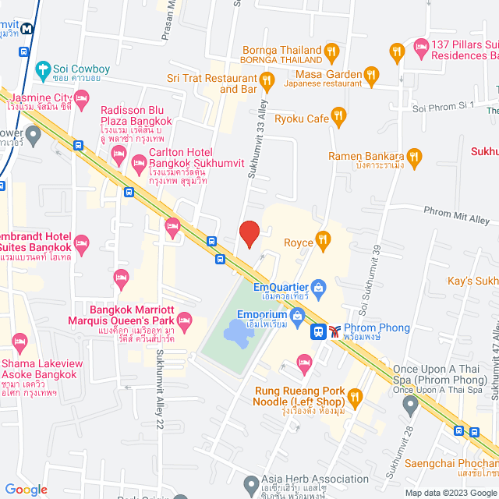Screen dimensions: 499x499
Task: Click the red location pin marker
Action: (x=249, y=233)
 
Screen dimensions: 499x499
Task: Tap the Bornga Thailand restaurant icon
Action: (x=331, y=52)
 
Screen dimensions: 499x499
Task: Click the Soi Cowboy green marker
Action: (x=43, y=69)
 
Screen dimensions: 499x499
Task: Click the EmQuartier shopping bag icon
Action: (x=317, y=288)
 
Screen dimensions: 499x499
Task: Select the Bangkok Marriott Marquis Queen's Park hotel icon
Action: (x=185, y=319)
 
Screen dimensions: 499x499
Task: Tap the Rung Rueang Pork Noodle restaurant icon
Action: (x=356, y=399)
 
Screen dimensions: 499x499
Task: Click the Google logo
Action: (x=25, y=490)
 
